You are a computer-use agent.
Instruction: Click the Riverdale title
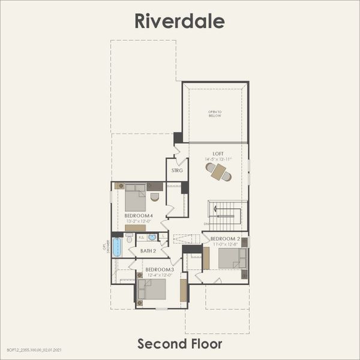179,21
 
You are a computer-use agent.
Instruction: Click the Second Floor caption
179,344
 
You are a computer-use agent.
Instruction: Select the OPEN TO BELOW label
215,114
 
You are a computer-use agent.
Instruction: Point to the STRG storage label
178,170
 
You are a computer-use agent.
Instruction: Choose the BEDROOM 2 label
225,239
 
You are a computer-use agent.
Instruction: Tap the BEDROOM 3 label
160,270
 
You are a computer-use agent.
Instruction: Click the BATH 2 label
147,251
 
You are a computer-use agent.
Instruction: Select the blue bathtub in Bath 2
117,247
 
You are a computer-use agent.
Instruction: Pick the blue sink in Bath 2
152,237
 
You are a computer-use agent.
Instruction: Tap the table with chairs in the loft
218,172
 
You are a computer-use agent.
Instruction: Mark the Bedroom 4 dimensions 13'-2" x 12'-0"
137,221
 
